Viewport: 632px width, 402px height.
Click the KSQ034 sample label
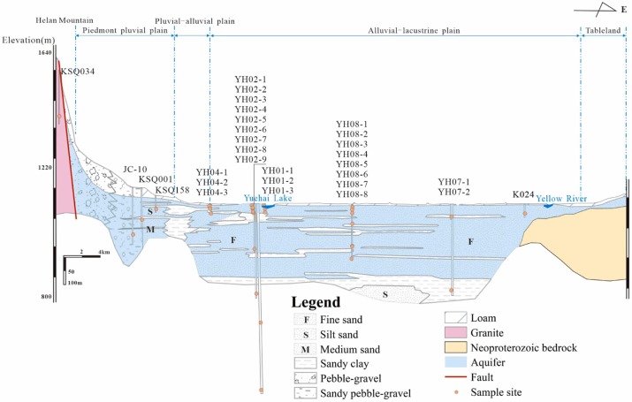click(77, 72)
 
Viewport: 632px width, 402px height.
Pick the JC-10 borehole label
click(134, 169)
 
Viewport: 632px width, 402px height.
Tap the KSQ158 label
click(171, 189)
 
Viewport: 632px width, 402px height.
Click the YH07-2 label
click(454, 192)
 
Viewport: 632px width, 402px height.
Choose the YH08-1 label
click(352, 124)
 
